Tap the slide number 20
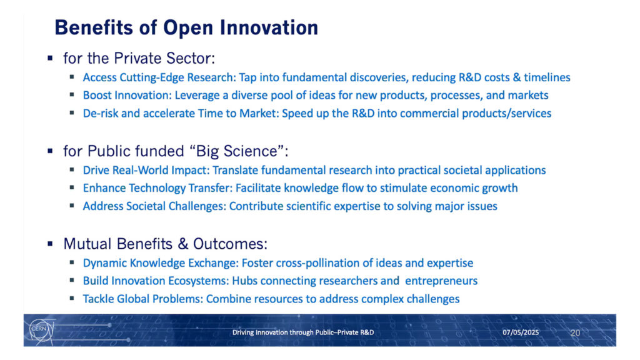coord(575,332)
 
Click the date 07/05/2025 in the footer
coord(521,332)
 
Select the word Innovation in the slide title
coord(269,27)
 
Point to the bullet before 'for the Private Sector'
coord(50,58)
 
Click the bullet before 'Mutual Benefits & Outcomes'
coord(50,244)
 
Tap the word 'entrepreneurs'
coord(441,281)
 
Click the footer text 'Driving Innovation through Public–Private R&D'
coord(303,332)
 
